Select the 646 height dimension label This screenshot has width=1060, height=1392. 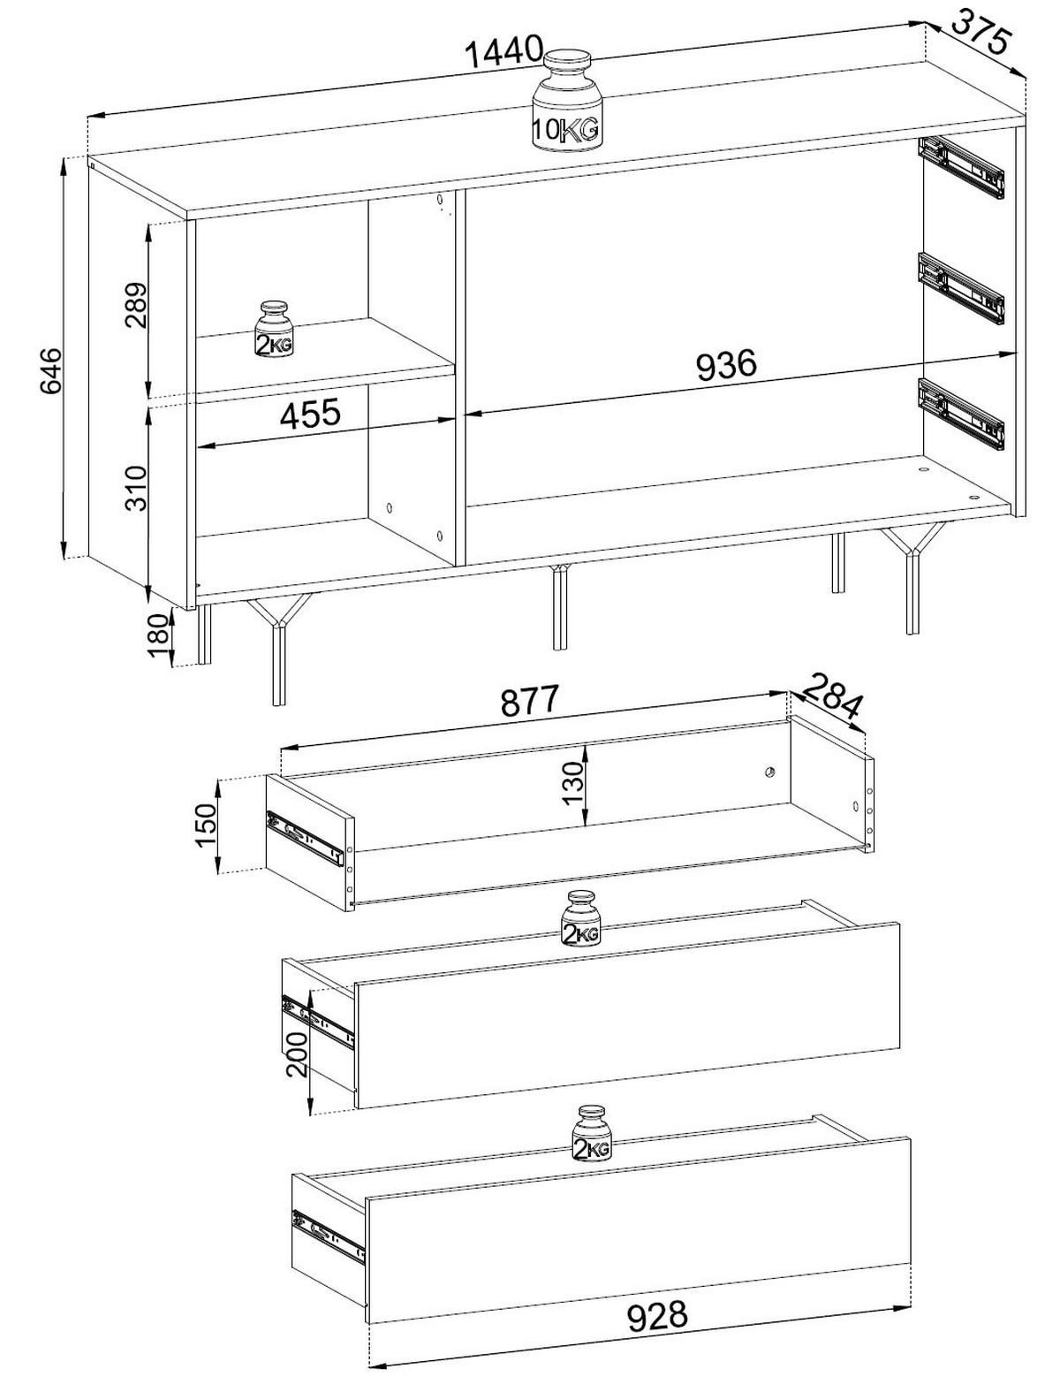49,370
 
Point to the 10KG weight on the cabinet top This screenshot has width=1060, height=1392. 566,102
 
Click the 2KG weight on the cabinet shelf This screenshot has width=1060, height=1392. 275,329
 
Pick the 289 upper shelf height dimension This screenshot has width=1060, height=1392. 135,305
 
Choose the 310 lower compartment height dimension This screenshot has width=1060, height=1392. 135,488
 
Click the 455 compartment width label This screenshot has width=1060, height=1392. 310,414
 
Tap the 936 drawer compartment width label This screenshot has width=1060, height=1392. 726,365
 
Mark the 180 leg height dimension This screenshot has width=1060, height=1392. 160,635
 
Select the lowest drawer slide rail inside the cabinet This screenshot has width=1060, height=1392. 960,415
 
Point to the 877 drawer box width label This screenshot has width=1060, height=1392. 530,700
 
